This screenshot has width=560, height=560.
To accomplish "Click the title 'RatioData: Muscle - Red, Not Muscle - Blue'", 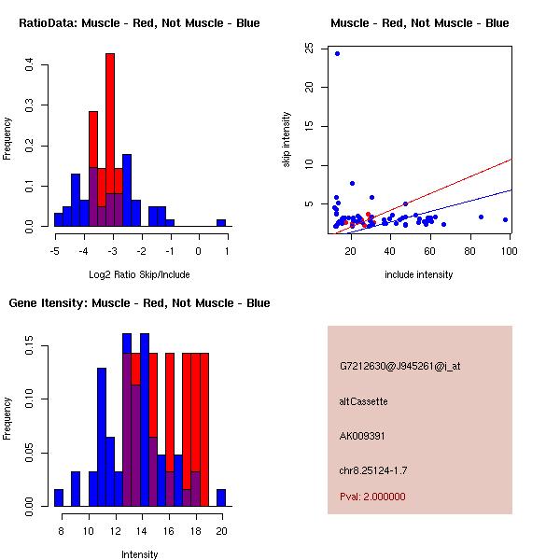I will pos(140,22).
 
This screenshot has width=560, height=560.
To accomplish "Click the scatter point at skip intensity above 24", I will pos(337,53).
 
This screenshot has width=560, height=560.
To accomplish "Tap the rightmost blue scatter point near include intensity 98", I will pos(505,219).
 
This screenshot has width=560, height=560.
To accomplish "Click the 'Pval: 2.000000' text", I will pos(372,497).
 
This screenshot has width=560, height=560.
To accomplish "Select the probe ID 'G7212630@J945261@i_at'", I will pos(399,366).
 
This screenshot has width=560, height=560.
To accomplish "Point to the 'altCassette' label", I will pos(363,401).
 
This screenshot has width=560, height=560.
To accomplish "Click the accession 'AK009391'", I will pos(363,436).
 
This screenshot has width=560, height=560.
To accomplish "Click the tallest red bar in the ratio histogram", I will pos(110,140).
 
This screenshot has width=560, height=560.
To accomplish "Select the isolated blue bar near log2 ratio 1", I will pos(221,223).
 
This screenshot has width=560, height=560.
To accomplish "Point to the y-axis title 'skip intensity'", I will pos(287,140).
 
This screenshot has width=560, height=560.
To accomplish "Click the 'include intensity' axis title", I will pos(419,274).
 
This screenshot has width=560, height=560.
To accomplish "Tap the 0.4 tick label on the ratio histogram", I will pos(31,65).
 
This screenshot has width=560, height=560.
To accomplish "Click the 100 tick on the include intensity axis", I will pos(510,250).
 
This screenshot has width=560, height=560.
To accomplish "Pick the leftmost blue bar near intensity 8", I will pos(58,497).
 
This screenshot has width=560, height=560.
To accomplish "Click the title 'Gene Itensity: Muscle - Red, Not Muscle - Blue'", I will pos(140,302).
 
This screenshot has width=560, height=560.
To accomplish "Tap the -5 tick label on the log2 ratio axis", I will pos(55,250).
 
